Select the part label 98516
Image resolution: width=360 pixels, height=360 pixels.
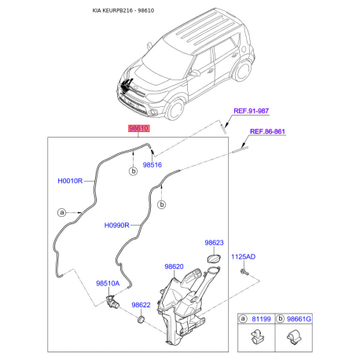(152, 166)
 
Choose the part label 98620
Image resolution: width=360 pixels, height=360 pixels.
(174, 267)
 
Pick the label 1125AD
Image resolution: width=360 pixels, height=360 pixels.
(244, 257)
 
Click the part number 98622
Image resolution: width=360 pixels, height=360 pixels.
(141, 305)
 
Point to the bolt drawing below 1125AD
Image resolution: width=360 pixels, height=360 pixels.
(244, 271)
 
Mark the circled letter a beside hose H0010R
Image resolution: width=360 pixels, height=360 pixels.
(61, 212)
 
